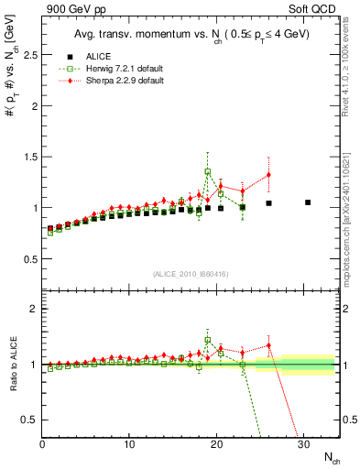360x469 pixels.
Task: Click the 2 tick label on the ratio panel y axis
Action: tap(33, 309)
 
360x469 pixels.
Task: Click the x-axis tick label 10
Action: tap(129, 444)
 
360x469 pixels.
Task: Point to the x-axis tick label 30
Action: tap(303, 444)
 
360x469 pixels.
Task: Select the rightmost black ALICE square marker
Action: tap(308, 202)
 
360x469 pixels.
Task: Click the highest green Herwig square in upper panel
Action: tap(208, 171)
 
